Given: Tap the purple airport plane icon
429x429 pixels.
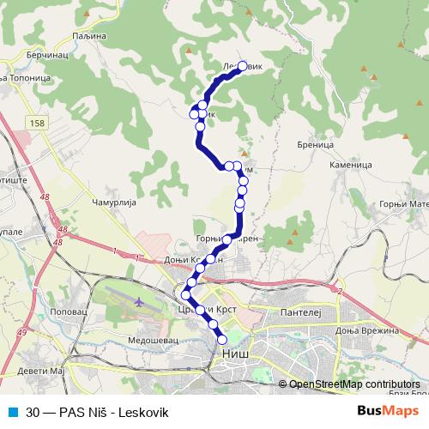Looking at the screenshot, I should (140, 302).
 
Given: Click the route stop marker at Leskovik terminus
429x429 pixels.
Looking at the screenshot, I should (243, 65).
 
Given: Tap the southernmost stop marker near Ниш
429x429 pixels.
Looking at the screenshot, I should (222, 338).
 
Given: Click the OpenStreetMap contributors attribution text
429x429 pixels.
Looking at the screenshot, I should (354, 384).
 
